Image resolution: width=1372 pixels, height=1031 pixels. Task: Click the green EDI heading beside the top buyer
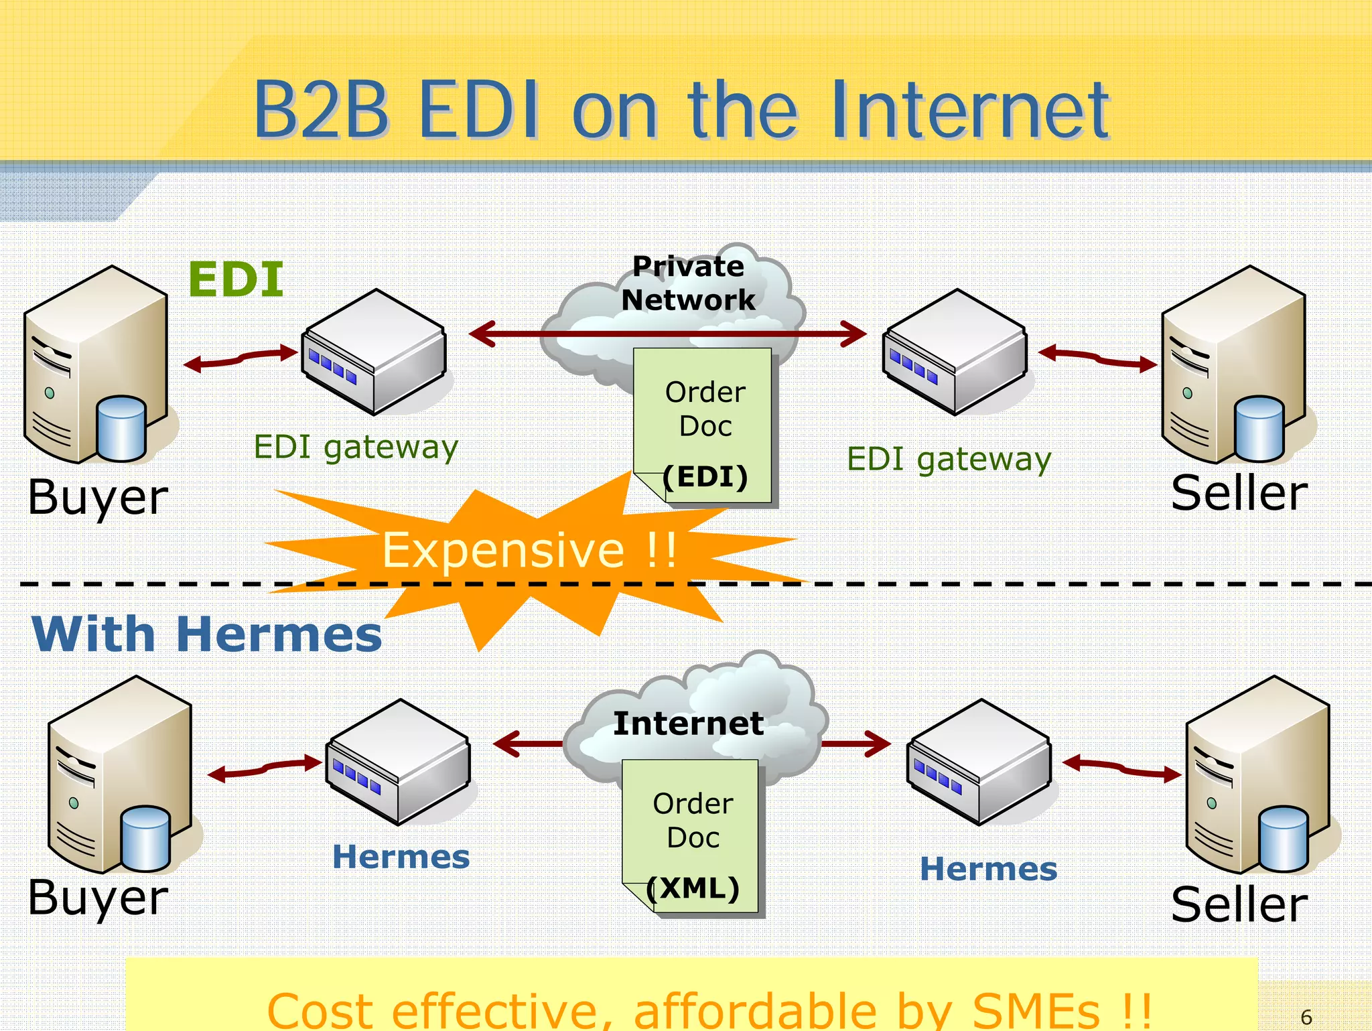point(236,279)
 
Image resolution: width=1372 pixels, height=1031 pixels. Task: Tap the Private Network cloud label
point(688,283)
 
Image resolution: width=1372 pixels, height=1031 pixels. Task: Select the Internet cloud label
point(688,724)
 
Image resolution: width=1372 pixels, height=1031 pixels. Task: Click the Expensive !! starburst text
point(529,551)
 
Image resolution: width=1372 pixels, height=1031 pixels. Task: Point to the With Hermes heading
point(206,634)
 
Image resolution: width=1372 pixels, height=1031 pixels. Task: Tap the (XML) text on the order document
point(693,888)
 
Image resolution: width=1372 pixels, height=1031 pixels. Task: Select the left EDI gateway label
point(356,447)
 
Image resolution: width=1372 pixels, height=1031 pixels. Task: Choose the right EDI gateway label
point(949,460)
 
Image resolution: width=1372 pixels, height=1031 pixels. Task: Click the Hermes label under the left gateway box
point(401,857)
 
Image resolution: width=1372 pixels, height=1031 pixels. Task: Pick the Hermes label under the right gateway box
point(988,869)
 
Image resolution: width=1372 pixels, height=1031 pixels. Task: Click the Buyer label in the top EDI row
point(98,497)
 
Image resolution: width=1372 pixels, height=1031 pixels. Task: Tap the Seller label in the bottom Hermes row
point(1239,904)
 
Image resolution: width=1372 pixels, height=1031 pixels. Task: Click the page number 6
point(1306,1017)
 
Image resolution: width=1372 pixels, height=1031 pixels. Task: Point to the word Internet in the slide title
point(969,110)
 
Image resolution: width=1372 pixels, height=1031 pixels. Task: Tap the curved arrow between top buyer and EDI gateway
point(241,358)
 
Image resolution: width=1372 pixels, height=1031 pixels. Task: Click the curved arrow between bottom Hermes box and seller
point(1122,768)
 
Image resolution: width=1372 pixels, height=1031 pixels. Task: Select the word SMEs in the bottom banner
point(1035,1010)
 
